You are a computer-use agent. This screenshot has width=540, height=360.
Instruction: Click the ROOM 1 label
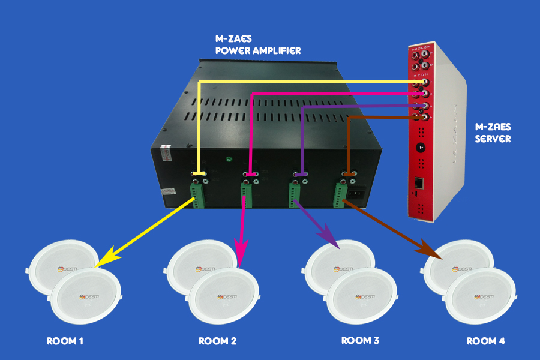(x=65, y=341)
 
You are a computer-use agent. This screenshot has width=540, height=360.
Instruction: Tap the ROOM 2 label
(x=217, y=341)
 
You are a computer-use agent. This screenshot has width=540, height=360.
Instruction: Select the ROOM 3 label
(x=360, y=341)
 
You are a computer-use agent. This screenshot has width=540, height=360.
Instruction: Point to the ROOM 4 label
(x=486, y=341)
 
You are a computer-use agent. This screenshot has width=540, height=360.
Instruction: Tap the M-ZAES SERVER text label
(x=493, y=133)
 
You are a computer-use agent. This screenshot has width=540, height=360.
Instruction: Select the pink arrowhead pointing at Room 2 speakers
(x=241, y=252)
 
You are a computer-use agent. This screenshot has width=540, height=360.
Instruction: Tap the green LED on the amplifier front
(x=229, y=160)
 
